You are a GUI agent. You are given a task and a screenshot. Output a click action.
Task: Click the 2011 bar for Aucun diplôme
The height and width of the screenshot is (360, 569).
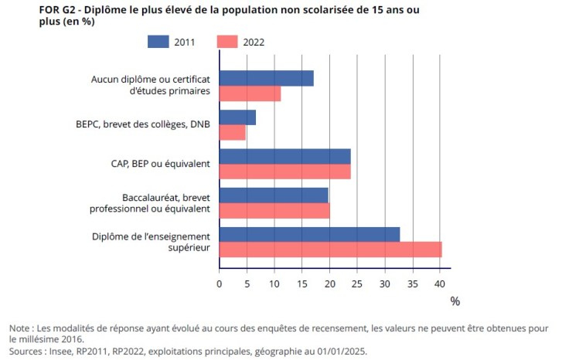click(267, 78)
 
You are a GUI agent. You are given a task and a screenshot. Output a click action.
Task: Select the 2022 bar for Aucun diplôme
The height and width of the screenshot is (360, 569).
click(250, 93)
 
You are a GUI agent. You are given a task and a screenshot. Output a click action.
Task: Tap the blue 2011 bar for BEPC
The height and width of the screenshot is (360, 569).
click(237, 117)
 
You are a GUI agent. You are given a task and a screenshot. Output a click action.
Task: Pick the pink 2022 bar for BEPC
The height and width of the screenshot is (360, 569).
click(232, 133)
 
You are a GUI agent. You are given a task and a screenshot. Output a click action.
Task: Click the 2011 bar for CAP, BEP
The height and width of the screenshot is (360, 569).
click(284, 156)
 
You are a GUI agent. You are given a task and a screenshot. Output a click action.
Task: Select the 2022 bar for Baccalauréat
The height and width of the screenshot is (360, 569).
click(274, 210)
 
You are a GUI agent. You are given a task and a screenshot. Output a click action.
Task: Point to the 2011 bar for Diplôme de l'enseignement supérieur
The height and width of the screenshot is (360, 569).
click(309, 234)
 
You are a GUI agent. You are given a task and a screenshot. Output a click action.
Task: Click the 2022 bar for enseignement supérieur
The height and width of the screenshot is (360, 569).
click(330, 250)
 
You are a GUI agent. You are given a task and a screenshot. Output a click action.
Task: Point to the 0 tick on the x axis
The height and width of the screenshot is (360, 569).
click(220, 284)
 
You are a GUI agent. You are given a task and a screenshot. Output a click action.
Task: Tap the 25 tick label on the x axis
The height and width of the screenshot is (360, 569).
click(358, 284)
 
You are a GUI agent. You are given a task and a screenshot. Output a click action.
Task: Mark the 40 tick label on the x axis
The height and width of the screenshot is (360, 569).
click(441, 284)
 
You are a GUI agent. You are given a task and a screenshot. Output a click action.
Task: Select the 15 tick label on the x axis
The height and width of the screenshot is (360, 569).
click(302, 284)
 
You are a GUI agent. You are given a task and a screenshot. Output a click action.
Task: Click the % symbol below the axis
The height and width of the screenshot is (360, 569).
click(455, 301)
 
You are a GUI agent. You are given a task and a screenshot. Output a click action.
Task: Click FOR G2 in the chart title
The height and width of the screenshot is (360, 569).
click(26, 8)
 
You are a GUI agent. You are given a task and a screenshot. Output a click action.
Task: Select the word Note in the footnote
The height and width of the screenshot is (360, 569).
click(21, 328)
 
